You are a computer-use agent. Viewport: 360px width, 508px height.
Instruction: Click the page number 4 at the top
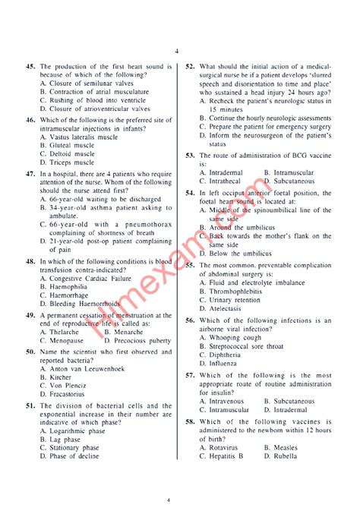[175, 51]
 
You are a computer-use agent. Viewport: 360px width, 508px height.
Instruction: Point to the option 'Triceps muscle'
[72, 162]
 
